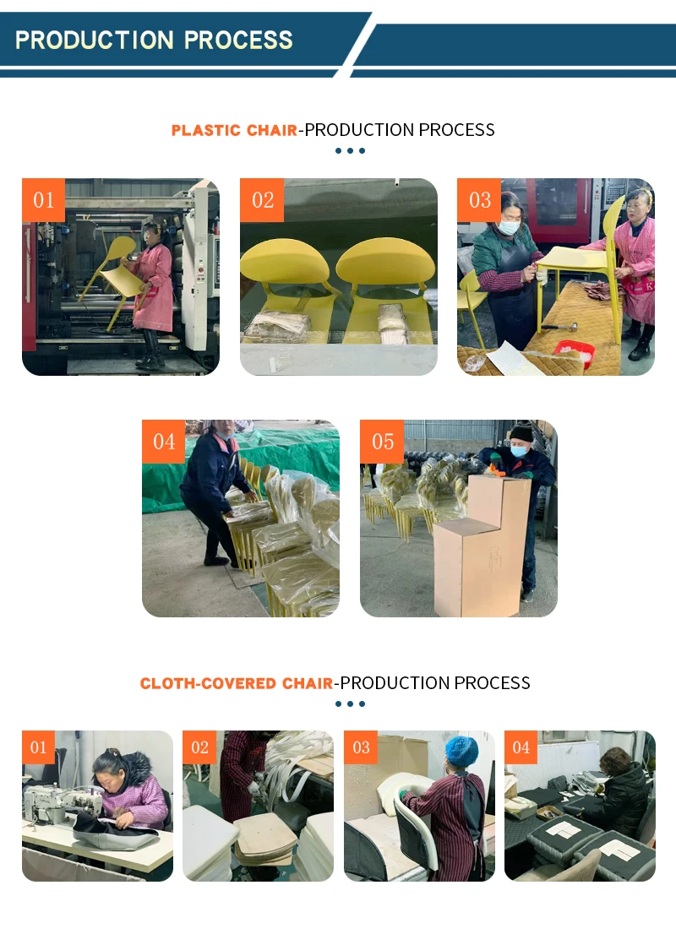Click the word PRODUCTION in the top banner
pos(95,40)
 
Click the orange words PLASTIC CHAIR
pos(234,130)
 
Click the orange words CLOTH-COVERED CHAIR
pos(237,683)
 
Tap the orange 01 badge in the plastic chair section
pos(43,200)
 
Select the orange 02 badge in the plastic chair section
pos(262,200)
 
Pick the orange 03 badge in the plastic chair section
pos(479,200)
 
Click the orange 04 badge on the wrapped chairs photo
pos(163,442)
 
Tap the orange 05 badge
pos(382,442)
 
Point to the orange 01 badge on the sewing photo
pos(39,747)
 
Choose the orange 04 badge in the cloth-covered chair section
pos(521,747)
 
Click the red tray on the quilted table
pos(574,351)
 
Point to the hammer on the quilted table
pos(559,327)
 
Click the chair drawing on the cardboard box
pos(495,559)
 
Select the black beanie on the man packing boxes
pos(521,432)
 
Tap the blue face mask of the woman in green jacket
pos(509,227)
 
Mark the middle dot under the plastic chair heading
pos(350,150)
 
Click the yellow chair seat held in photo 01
pos(122,281)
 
